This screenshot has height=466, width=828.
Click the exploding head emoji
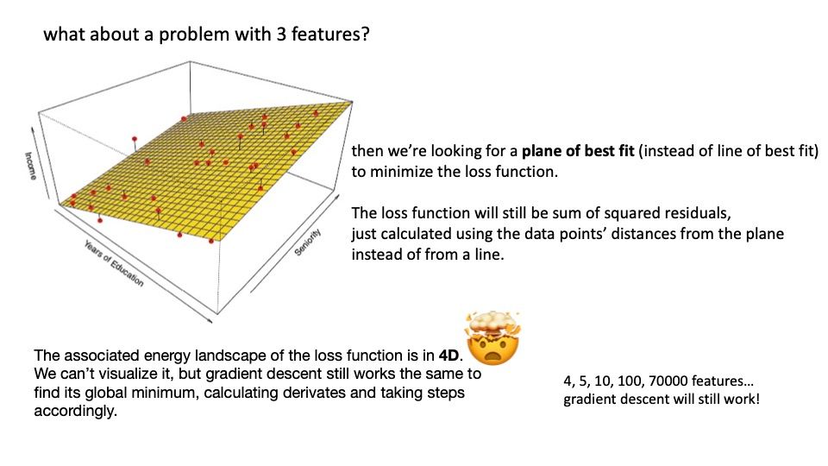tap(492, 338)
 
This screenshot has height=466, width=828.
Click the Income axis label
tap(31, 166)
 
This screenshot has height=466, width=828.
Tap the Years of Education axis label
tap(113, 263)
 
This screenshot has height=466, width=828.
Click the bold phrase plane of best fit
tap(578, 151)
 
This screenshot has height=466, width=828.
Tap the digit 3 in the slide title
tap(281, 35)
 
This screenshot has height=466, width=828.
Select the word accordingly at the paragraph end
tap(76, 411)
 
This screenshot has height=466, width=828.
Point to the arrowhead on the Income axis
tap(33, 129)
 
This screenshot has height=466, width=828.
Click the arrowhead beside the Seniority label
tap(337, 195)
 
